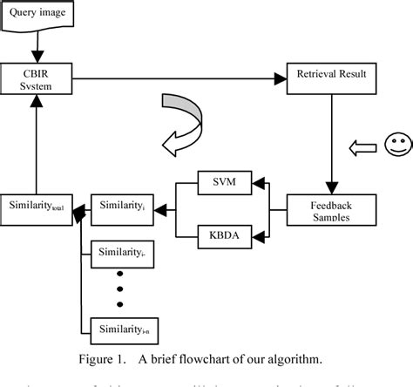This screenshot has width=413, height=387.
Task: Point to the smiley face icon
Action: [396, 145]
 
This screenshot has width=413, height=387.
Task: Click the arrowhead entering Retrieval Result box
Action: [279, 78]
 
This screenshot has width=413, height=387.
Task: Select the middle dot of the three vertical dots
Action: [120, 289]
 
